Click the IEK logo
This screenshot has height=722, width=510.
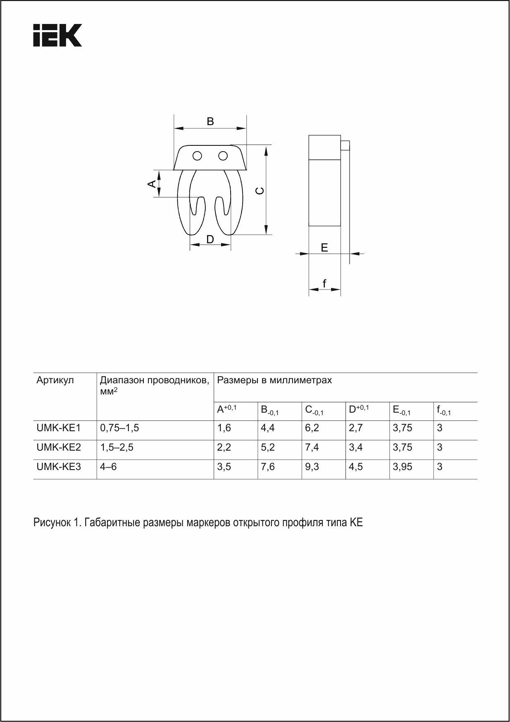(57, 35)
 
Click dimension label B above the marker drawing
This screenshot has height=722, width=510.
(210, 121)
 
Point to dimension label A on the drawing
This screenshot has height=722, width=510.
(152, 183)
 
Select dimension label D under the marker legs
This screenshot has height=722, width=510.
(210, 239)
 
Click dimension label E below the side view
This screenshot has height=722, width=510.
(324, 248)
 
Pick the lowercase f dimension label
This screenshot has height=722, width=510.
(324, 284)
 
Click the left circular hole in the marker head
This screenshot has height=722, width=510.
(197, 156)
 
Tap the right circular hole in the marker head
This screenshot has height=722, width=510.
(223, 156)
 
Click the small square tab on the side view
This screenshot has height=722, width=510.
(345, 146)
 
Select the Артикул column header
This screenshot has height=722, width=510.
(55, 380)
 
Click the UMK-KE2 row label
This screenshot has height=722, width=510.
(59, 447)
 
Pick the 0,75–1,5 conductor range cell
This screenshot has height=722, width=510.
(119, 428)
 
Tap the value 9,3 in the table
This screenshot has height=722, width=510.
(312, 467)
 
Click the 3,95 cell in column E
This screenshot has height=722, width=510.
(403, 467)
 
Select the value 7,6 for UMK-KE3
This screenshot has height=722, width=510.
(268, 467)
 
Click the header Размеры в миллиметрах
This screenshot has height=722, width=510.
(274, 380)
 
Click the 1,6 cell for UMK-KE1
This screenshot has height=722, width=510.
(224, 428)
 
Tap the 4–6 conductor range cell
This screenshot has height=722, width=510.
(109, 467)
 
